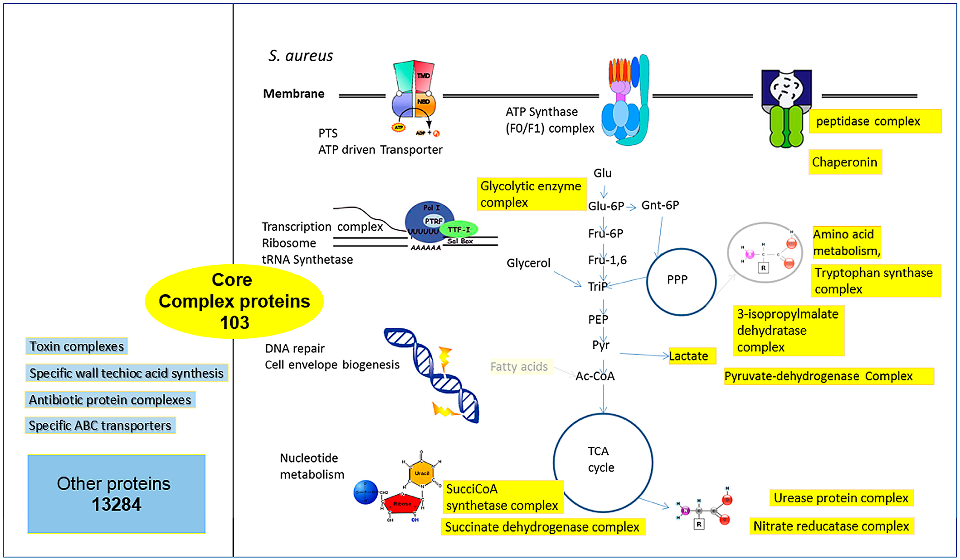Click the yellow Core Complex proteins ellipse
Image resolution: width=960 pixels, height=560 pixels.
coord(234,301)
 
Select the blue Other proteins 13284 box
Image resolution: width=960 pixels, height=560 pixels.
coord(117,494)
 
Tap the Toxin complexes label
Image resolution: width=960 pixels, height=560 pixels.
coord(76,346)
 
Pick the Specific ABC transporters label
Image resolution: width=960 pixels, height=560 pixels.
coord(100,426)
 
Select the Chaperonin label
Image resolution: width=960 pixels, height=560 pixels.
coord(845,162)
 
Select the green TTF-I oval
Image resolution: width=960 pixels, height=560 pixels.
coord(459,229)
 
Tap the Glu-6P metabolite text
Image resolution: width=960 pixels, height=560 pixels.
coord(606,206)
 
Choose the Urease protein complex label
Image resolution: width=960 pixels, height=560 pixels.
coord(841,498)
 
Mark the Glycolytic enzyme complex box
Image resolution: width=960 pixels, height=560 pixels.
coord(531,194)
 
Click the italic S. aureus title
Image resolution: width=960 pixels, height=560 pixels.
coord(301,56)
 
